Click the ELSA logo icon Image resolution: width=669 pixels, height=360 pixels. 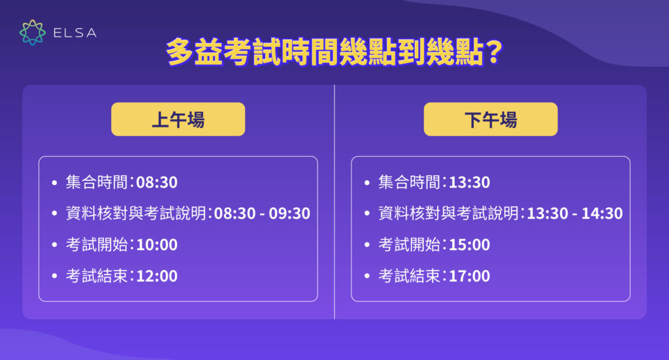click(x=33, y=33)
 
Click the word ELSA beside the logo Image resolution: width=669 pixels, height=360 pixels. click(x=75, y=33)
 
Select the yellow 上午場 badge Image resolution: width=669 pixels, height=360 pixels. click(x=178, y=120)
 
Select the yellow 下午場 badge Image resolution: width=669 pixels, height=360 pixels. click(x=491, y=120)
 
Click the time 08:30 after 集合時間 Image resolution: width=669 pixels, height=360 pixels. click(x=156, y=182)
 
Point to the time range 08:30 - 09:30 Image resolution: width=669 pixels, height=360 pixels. click(x=262, y=214)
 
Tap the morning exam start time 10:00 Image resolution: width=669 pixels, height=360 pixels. click(x=156, y=245)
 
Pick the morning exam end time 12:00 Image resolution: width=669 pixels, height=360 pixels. click(x=156, y=276)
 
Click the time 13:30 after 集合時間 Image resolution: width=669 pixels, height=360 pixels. click(x=469, y=182)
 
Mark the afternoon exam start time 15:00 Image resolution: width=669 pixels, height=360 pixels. click(x=469, y=245)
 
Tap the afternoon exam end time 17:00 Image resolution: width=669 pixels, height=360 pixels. click(x=469, y=276)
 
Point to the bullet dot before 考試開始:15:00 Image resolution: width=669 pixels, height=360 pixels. click(x=367, y=246)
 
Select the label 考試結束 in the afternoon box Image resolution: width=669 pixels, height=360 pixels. click(x=410, y=276)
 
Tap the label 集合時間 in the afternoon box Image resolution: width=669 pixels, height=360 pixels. click(x=410, y=182)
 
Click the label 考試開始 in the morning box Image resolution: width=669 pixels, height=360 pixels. click(x=97, y=245)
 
